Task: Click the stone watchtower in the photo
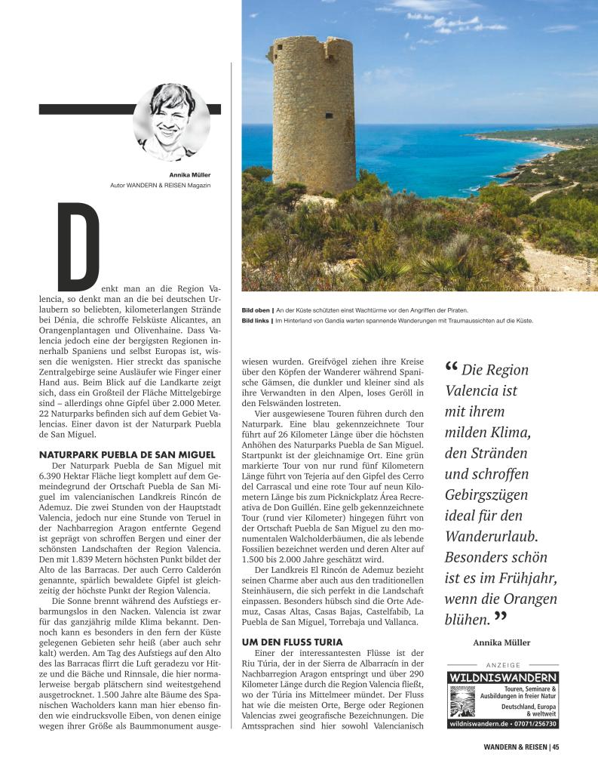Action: click(x=312, y=113)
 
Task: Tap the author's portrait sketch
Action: click(x=171, y=122)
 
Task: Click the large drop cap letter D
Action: click(x=79, y=245)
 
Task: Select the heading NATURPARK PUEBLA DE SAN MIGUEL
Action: click(x=127, y=454)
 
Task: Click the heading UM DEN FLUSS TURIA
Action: click(x=287, y=641)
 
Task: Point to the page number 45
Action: click(x=556, y=747)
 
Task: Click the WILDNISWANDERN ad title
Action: click(x=502, y=678)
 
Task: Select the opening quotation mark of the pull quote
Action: click(x=452, y=368)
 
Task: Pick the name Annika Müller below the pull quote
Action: click(x=501, y=642)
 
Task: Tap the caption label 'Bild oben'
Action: click(x=256, y=310)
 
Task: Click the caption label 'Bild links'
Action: click(x=256, y=321)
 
